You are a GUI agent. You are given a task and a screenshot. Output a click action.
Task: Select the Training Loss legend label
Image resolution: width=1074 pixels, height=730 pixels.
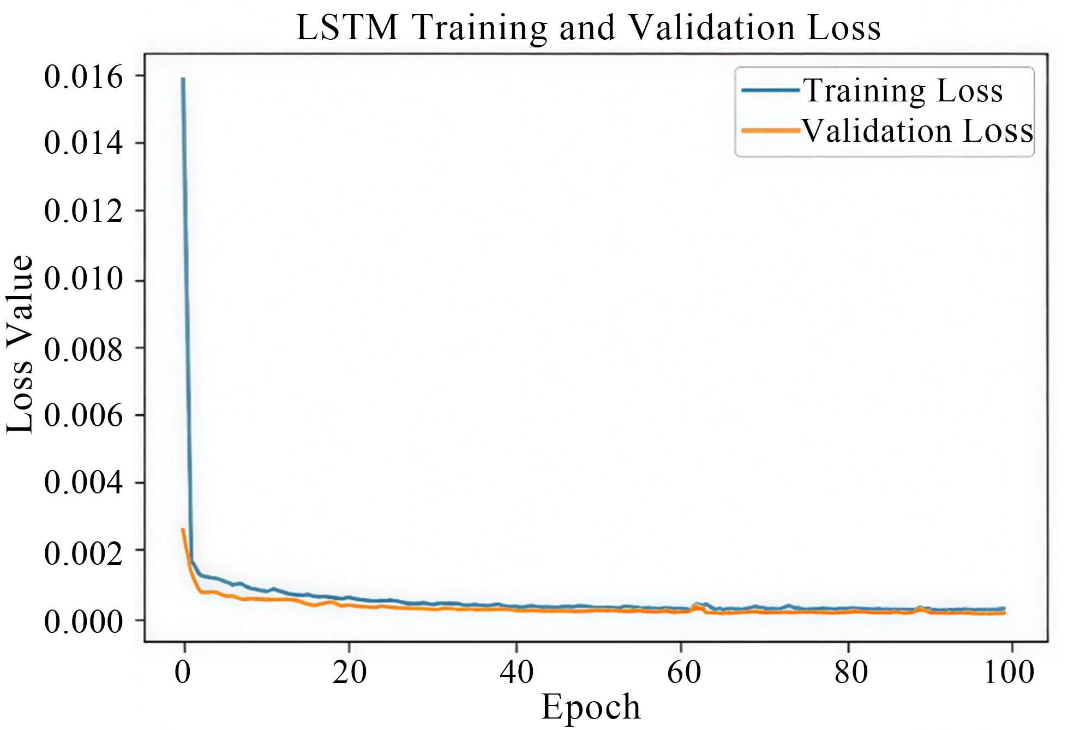[x=903, y=91]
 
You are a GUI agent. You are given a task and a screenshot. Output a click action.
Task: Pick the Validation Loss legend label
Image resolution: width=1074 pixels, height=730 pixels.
[x=917, y=131]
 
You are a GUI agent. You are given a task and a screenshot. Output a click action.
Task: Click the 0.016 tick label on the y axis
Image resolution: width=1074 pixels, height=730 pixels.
[x=83, y=76]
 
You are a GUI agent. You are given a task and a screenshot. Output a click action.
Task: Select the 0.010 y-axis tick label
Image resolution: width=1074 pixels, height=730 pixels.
[x=83, y=279]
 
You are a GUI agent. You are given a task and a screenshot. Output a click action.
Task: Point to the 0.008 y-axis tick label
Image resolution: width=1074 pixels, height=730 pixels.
[x=83, y=349]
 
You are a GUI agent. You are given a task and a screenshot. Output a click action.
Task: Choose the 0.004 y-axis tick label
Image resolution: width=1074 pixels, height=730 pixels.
[x=83, y=482]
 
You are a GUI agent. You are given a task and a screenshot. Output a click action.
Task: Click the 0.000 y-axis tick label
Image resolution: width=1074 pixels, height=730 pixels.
[x=83, y=621]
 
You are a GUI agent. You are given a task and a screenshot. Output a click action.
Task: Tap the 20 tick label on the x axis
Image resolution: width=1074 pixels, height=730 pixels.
[x=349, y=672]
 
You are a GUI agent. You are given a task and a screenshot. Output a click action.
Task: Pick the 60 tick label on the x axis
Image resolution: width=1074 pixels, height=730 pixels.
[x=683, y=672]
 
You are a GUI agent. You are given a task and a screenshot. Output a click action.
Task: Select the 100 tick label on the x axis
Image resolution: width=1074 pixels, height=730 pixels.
[x=1008, y=672]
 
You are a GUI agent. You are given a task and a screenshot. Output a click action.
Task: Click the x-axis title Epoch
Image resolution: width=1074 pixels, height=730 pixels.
[x=590, y=707]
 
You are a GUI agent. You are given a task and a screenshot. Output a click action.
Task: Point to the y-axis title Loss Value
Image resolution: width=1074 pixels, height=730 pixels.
[x=21, y=345]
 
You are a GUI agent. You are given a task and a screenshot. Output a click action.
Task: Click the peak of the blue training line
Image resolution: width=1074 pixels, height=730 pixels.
[x=183, y=79]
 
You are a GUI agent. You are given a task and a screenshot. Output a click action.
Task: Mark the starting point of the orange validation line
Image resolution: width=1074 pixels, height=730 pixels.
[x=183, y=529]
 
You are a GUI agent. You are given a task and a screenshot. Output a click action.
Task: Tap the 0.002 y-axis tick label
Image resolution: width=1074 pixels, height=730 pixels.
[x=83, y=553]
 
